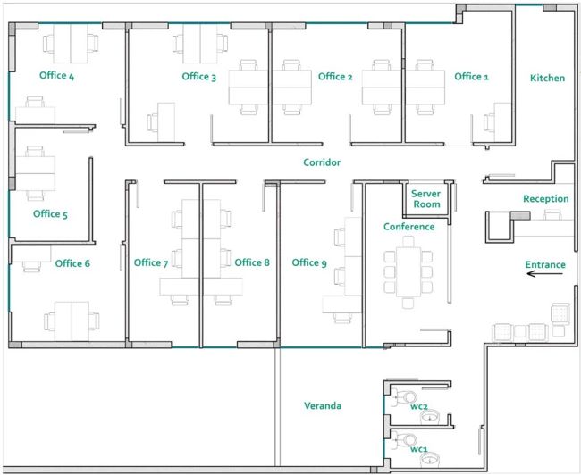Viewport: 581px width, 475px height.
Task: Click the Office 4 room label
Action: pos(56,76)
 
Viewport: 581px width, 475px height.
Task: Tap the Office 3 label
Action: pos(199,77)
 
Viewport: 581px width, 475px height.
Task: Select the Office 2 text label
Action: pos(335,77)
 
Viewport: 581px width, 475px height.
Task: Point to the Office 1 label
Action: pos(471,77)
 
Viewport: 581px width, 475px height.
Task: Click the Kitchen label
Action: pos(547,78)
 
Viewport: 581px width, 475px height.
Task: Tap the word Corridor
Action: pos(322,162)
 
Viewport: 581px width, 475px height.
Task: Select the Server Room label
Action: pos(426,199)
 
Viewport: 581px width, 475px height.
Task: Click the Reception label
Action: pos(546,199)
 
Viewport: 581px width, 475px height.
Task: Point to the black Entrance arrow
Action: pos(544,274)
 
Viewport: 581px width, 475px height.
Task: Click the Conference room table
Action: pos(408,272)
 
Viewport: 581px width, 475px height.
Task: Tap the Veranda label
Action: pos(323,405)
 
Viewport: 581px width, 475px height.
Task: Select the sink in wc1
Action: pos(430,461)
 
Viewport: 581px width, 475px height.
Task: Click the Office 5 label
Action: pos(50,214)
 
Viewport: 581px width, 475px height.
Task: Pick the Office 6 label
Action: pos(72,263)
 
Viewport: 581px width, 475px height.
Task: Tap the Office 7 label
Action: pos(151,262)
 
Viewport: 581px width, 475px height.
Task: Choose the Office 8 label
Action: pos(252,262)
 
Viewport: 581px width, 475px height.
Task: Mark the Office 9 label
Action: pos(309,262)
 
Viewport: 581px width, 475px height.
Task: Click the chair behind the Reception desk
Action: pos(552,214)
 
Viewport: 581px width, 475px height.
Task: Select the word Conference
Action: pos(409,227)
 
